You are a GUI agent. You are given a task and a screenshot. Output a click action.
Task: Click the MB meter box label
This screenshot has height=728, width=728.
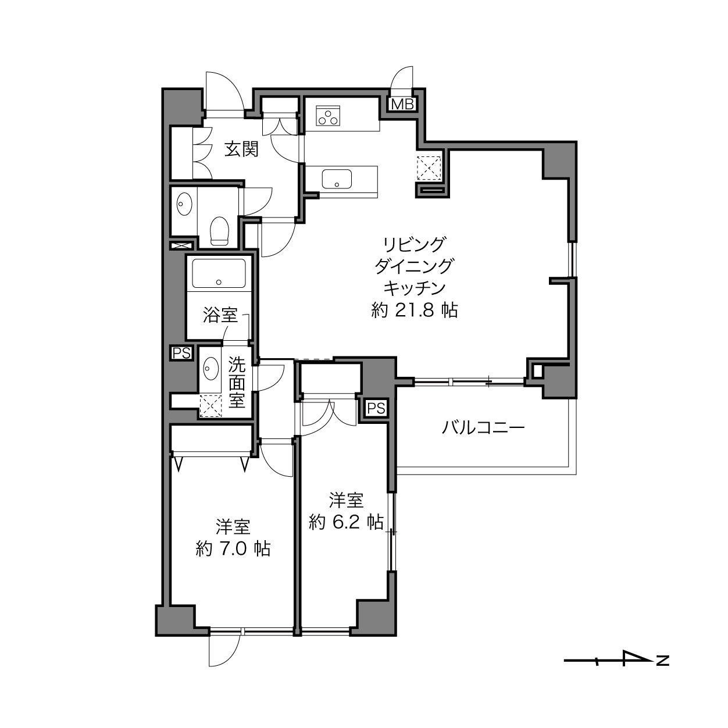click(403, 104)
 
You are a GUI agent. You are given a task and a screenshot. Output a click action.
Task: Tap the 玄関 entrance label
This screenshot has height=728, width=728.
click(241, 149)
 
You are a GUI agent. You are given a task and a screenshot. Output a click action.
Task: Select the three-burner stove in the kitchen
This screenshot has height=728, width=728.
click(329, 115)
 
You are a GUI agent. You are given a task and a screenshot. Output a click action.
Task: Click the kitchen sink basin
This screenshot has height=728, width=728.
click(337, 179)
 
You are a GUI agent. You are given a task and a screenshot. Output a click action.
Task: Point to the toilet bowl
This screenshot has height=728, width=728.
click(219, 230)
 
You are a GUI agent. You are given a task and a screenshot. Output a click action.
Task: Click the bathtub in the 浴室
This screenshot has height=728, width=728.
click(219, 273)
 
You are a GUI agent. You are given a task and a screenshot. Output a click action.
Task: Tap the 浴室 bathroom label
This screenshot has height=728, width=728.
click(220, 315)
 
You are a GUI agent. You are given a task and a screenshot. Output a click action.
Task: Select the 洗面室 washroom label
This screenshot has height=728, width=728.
click(237, 383)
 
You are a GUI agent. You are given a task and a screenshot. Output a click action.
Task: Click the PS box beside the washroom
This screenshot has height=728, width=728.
click(181, 353)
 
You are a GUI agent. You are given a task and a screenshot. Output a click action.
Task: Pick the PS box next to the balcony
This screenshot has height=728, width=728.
click(376, 408)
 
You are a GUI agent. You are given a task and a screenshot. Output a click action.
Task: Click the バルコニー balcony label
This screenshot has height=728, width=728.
click(483, 428)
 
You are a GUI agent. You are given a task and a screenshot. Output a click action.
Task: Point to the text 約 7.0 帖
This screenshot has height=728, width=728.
click(233, 549)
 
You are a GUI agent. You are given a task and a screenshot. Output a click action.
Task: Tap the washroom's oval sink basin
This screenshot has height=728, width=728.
click(211, 369)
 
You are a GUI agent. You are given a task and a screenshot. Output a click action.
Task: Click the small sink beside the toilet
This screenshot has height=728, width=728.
click(184, 204)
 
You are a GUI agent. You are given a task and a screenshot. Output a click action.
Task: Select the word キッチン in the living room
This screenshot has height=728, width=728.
click(415, 288)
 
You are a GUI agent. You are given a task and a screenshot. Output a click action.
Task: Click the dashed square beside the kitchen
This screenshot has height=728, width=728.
click(429, 168)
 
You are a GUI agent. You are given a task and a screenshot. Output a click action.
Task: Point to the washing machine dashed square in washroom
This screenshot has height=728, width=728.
click(212, 406)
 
